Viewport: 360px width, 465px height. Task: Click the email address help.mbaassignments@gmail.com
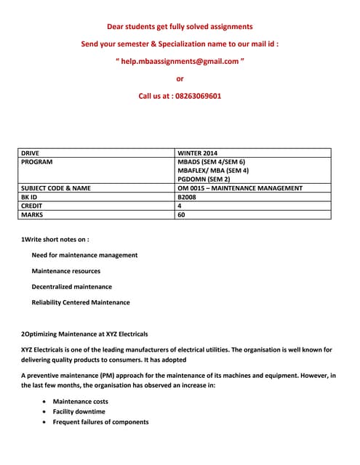coord(180,61)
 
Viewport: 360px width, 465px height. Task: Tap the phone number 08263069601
coord(194,96)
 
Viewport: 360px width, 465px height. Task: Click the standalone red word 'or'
coord(180,78)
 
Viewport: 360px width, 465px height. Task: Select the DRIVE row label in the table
coord(31,153)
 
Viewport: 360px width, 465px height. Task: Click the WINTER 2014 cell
coord(197,153)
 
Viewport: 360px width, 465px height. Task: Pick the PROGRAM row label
coord(36,162)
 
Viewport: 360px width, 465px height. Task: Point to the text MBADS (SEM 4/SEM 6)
coord(212,162)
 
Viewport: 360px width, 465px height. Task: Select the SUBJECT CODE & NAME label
coord(56,188)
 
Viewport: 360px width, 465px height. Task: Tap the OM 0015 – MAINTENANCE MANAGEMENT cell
coord(240,188)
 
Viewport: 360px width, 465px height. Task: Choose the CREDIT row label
coord(33,206)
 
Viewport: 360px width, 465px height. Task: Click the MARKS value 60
coord(182,214)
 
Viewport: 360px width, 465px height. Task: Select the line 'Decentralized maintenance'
coord(72,286)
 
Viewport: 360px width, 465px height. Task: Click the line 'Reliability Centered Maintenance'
coord(81,302)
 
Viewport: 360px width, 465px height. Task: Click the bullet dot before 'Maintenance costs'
coord(47,401)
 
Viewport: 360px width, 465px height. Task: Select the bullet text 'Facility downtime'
coord(79,411)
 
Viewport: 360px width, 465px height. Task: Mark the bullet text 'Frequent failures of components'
coord(101,421)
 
